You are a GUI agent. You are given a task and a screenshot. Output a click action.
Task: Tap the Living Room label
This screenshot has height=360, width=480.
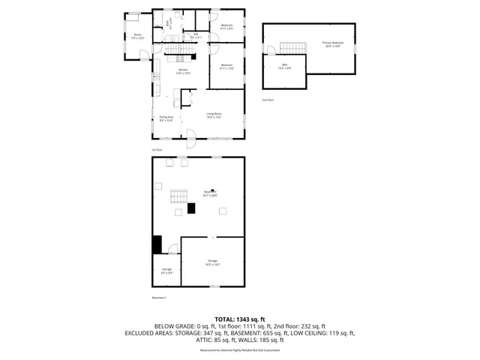[215, 115]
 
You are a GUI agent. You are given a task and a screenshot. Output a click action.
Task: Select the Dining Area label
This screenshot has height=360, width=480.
[166, 118]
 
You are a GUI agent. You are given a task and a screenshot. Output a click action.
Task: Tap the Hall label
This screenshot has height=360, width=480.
[195, 34]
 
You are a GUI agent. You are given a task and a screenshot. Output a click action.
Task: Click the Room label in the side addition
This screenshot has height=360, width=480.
[138, 35]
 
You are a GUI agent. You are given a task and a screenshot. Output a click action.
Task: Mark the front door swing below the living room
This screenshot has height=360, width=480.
[190, 138]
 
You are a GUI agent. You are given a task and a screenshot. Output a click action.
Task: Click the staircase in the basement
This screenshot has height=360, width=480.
[179, 197]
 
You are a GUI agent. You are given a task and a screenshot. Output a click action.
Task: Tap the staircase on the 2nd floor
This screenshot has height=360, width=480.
[293, 48]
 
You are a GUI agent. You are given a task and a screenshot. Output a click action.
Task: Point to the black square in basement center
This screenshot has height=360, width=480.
[191, 208]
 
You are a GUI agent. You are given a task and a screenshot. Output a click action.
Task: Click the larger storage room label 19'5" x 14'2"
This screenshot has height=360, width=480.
[212, 262]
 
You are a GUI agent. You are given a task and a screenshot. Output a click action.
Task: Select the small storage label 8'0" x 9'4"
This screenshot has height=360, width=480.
[166, 270]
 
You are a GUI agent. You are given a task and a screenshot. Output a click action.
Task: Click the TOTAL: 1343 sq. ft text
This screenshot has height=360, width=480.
[239, 319]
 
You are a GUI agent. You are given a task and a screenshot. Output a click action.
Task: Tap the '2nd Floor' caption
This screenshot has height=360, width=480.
[267, 99]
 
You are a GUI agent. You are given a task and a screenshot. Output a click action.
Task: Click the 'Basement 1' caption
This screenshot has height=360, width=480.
[159, 298]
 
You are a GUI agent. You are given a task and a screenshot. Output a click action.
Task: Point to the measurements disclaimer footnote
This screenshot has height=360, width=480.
[239, 350]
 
